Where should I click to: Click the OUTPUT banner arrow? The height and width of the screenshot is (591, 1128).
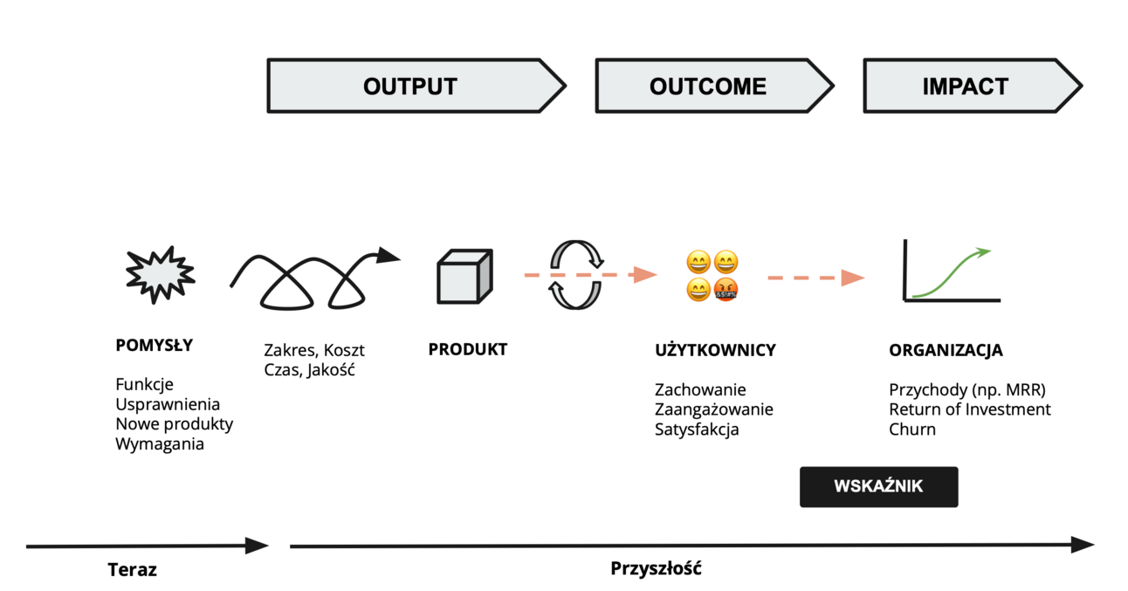(x=410, y=86)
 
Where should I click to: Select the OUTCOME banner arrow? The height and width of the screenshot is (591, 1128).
(x=708, y=86)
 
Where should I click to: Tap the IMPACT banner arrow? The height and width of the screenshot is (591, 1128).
(x=966, y=86)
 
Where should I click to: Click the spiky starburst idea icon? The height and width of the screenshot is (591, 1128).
(x=159, y=275)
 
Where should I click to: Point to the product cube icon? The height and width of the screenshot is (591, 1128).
(x=464, y=277)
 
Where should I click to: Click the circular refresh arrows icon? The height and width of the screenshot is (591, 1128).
(x=576, y=275)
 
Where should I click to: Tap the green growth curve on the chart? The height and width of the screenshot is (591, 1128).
(x=953, y=272)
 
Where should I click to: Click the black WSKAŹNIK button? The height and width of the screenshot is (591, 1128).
(x=878, y=487)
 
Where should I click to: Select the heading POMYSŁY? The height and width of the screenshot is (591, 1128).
(x=154, y=345)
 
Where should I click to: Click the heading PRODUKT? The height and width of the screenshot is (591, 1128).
(x=467, y=349)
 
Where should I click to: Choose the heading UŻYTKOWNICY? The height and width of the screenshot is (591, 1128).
(x=715, y=350)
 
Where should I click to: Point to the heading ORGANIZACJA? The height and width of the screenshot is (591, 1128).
(x=946, y=350)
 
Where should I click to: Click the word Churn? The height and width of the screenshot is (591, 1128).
(x=912, y=430)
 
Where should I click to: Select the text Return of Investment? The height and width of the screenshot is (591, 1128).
(x=970, y=409)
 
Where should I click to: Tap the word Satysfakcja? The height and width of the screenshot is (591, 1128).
(x=697, y=430)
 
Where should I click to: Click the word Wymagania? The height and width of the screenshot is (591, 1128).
(x=160, y=444)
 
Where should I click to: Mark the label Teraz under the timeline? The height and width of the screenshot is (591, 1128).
(x=133, y=570)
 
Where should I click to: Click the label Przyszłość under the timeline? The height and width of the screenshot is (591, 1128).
(x=656, y=569)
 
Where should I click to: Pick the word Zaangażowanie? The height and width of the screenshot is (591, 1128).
(x=713, y=409)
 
